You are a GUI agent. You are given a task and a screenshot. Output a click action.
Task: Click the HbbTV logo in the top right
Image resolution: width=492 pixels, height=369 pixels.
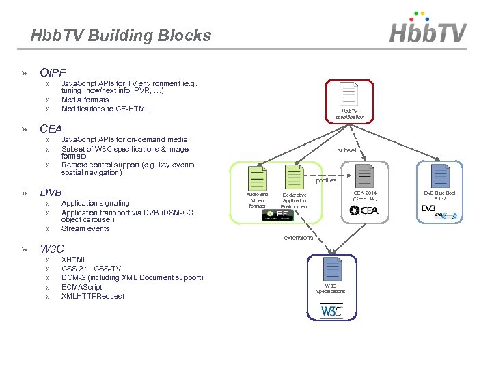[428, 29]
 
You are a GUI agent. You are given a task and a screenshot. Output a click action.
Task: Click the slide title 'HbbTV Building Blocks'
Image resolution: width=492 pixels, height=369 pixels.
[121, 36]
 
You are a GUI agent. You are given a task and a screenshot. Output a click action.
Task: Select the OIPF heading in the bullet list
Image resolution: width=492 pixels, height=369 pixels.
[53, 72]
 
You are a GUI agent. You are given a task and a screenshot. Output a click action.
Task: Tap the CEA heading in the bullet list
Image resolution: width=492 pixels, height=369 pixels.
[51, 128]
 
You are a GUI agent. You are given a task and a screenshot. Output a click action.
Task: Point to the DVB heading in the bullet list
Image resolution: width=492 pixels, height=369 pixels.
[51, 192]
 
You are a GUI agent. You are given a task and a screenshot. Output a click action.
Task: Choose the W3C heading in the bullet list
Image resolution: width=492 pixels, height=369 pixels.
[52, 249]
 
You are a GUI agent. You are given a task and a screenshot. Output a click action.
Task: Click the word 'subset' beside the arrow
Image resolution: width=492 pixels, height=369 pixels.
[347, 150]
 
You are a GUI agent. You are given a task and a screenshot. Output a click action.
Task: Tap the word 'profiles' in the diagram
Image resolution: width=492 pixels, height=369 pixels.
[326, 180]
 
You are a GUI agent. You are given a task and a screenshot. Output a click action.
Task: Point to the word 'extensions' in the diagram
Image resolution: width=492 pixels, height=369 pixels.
[298, 238]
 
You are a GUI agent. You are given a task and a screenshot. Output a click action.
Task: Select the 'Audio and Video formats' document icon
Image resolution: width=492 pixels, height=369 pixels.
[257, 177]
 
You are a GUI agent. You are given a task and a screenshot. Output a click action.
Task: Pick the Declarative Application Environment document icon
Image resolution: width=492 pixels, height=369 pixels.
[295, 177]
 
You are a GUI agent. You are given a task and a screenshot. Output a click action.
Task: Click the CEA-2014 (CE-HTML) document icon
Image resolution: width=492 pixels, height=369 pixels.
[365, 176]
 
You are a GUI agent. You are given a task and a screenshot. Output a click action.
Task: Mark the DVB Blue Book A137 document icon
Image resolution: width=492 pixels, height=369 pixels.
[440, 176]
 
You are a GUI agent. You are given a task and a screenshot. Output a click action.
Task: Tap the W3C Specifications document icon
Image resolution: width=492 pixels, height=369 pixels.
[331, 269]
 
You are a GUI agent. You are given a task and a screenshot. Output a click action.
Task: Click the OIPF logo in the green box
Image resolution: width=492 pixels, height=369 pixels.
[279, 215]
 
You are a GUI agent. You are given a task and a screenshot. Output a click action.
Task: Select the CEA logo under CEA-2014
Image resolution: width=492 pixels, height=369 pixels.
[364, 210]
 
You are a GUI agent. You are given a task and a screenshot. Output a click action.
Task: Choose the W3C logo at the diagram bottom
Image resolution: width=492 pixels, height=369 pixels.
[331, 311]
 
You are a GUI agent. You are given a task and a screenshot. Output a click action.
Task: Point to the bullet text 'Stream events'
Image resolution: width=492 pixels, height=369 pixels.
[85, 228]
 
